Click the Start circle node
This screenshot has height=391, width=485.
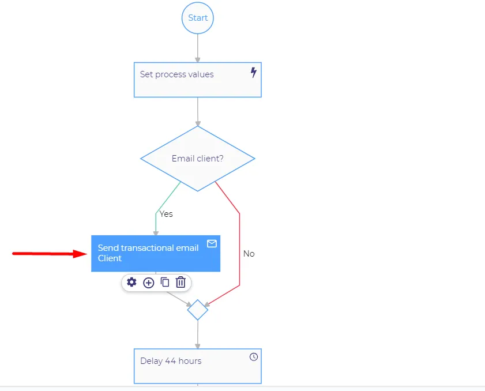[198, 18]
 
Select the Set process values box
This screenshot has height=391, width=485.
[198, 80]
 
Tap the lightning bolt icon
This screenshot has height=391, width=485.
[254, 73]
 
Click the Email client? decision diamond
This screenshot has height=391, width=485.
[198, 159]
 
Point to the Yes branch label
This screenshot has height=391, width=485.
[166, 214]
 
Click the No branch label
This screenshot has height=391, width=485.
[249, 254]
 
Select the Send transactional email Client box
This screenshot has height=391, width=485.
[156, 254]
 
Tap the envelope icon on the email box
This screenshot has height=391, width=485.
[212, 244]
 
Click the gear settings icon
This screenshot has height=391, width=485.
[131, 282]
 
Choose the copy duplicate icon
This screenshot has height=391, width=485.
[165, 282]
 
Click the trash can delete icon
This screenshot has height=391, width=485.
[181, 282]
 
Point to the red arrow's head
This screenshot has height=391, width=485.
[87, 254]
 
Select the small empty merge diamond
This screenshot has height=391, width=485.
[198, 310]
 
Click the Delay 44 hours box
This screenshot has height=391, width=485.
[198, 366]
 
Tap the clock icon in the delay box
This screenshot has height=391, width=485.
[254, 357]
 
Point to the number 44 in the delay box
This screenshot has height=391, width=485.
[171, 361]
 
